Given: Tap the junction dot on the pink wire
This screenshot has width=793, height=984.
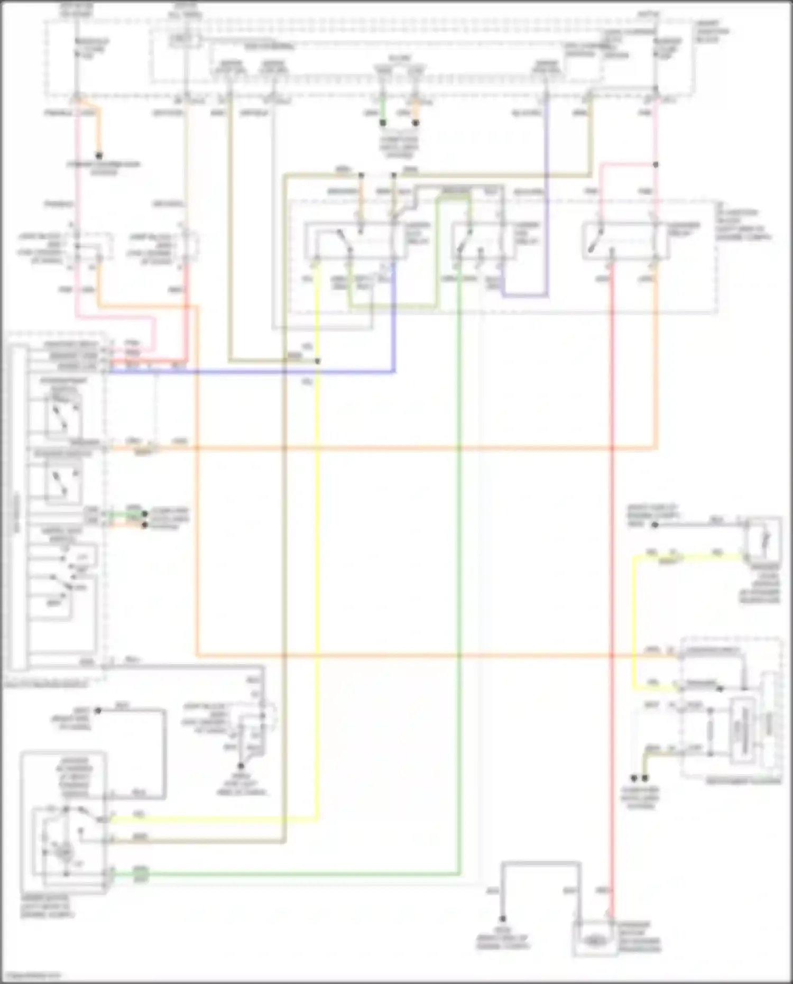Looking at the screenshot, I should pyautogui.click(x=656, y=165).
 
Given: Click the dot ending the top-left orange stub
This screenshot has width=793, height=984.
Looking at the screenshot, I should pyautogui.click(x=98, y=155).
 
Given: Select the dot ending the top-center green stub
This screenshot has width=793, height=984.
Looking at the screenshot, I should pyautogui.click(x=382, y=123).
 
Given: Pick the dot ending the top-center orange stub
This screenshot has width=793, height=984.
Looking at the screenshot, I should pyautogui.click(x=416, y=123).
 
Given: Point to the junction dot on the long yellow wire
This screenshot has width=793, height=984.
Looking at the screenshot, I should pyautogui.click(x=317, y=361).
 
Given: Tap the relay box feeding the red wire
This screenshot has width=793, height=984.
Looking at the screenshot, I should pyautogui.click(x=626, y=241).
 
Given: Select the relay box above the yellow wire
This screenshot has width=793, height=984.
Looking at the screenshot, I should pyautogui.click(x=355, y=241).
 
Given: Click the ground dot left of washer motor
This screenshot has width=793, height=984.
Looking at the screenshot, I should pyautogui.click(x=502, y=919).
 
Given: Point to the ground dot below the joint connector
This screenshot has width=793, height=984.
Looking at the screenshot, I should pyautogui.click(x=241, y=765).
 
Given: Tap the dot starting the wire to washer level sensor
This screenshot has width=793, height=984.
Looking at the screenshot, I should pyautogui.click(x=654, y=525).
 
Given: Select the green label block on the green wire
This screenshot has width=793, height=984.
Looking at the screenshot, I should pyautogui.click(x=141, y=875).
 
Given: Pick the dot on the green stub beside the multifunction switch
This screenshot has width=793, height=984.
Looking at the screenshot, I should pyautogui.click(x=144, y=513).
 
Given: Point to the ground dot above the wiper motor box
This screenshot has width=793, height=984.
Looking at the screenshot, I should pyautogui.click(x=98, y=711).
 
